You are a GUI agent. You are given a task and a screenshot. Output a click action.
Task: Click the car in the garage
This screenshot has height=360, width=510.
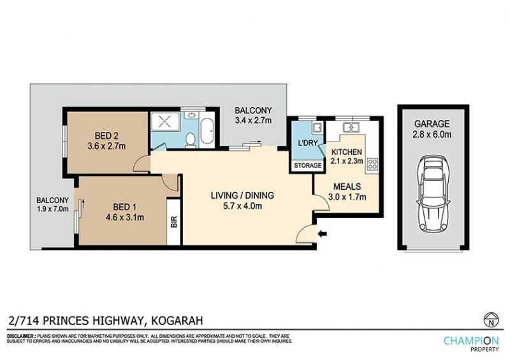(x=433, y=194)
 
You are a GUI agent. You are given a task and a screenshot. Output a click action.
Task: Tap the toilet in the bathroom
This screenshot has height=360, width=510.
(x=190, y=140)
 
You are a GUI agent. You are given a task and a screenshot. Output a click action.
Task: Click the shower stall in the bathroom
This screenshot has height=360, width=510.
(x=165, y=122)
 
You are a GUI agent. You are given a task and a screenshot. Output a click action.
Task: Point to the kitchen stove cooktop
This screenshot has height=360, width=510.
(x=372, y=164)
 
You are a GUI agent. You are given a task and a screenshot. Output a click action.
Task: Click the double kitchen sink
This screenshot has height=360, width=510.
(x=351, y=127)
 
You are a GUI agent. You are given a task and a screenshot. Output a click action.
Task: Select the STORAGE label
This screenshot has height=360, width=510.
(x=308, y=166)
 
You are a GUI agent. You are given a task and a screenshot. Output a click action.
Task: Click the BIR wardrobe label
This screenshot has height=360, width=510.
(x=174, y=222)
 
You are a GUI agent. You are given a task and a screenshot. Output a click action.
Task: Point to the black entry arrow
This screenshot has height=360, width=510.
(x=323, y=233)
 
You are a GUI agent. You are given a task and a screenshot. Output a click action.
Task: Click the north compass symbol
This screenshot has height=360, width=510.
(x=491, y=320)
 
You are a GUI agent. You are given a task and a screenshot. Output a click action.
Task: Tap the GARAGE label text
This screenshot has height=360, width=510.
(x=432, y=124)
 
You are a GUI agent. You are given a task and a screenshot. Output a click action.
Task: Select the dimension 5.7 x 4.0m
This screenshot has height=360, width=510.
(x=243, y=206)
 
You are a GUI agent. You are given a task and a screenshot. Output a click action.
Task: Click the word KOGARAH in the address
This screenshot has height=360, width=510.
(x=177, y=320)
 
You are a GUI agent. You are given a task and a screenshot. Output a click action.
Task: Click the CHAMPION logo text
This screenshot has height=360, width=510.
(x=471, y=341)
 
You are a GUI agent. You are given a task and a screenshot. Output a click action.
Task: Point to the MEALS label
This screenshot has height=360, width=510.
(x=347, y=187)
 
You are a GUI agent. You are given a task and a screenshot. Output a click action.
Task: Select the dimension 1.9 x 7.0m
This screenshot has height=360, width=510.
(x=52, y=209)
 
